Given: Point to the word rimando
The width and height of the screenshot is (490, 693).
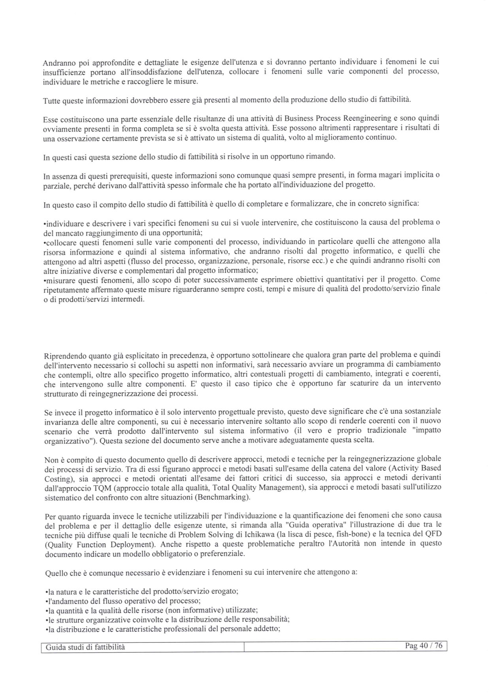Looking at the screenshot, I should click(x=321, y=156).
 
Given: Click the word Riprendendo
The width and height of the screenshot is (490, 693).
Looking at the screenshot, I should click(x=63, y=355).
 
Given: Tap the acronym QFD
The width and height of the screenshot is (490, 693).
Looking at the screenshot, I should click(x=433, y=535).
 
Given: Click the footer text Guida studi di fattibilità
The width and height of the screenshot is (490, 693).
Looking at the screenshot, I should click(x=85, y=647).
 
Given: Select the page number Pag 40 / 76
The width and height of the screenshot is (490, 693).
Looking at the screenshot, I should click(x=424, y=646).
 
